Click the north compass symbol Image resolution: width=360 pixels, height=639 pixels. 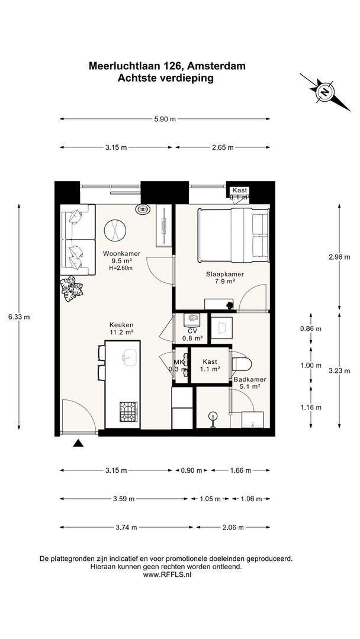(325, 92)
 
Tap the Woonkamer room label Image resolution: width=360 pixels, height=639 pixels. (117, 253)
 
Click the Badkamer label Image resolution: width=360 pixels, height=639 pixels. (247, 379)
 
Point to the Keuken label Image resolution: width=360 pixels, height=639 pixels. (121, 325)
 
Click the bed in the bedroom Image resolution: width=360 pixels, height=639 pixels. (233, 235)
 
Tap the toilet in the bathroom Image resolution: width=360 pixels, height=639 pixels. (242, 363)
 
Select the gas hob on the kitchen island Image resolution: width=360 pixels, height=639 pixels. (128, 412)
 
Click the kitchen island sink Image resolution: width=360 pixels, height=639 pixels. (130, 357)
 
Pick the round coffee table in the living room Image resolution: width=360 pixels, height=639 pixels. (115, 231)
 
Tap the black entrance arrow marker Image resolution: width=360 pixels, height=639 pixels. (78, 443)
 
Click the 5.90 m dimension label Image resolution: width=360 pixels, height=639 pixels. (165, 119)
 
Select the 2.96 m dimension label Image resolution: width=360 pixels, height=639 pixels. (339, 257)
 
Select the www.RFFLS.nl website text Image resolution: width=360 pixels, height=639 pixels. (167, 575)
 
